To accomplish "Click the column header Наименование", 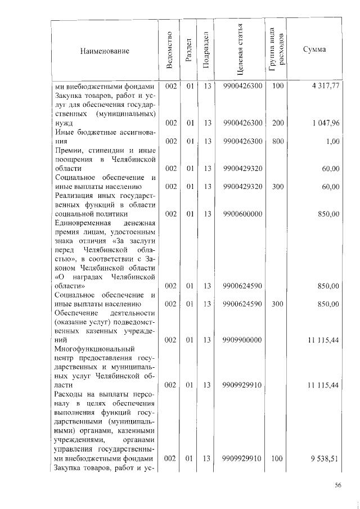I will tap(105, 51).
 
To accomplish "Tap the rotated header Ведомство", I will tap(170, 51).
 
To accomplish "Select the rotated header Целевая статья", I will tap(240, 51).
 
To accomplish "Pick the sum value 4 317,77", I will tap(325, 86).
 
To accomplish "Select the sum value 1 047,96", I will tap(325, 123).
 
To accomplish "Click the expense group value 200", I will tap(278, 123).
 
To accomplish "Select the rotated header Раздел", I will tap(190, 51).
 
